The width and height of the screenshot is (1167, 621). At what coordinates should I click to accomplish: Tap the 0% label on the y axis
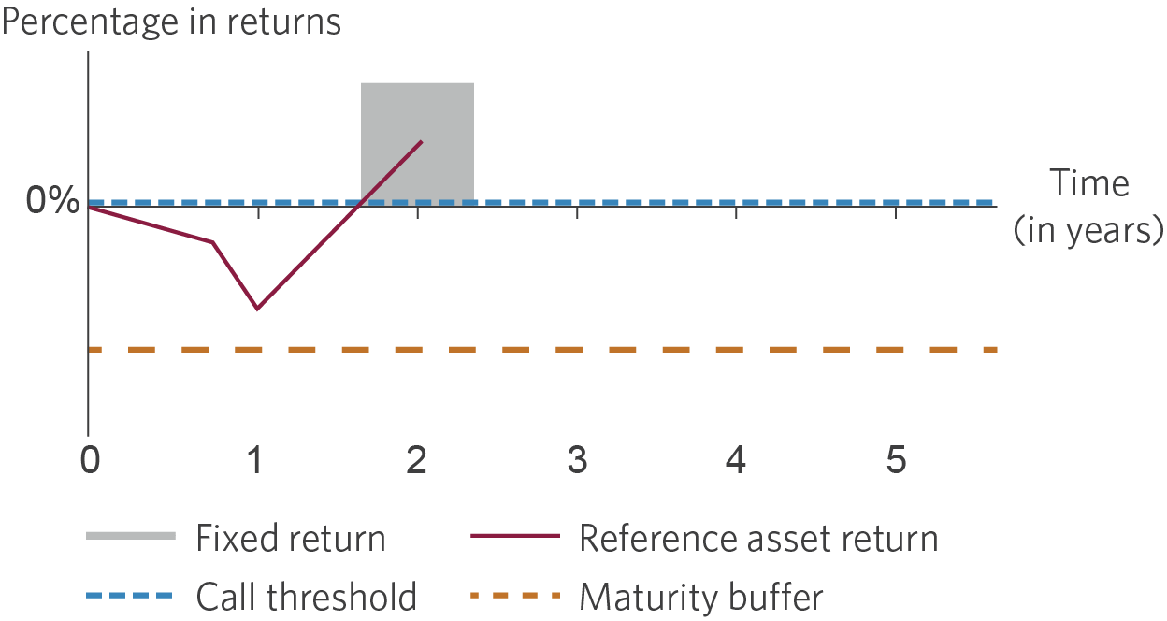click(52, 199)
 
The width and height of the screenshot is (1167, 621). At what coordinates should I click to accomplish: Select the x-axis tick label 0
click(90, 459)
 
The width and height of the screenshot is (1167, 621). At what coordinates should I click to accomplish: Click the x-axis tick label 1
click(254, 459)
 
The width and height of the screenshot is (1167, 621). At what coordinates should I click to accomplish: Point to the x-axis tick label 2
click(416, 459)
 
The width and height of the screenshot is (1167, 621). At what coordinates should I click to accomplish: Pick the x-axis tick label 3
click(577, 459)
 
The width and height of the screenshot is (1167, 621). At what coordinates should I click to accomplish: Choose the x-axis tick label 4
click(736, 459)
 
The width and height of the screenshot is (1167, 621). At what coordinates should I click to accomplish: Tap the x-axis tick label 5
click(896, 459)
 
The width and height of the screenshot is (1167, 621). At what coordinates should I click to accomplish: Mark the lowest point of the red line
click(257, 309)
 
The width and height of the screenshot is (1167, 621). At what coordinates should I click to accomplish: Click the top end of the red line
click(421, 142)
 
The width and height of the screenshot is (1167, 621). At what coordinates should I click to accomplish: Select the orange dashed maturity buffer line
click(542, 350)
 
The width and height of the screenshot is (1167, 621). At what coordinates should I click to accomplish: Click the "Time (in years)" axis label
click(1088, 207)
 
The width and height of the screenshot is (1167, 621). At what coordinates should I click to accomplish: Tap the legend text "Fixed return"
click(291, 538)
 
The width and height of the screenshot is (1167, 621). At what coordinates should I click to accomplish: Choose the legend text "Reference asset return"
click(758, 538)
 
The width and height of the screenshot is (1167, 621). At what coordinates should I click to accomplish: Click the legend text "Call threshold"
click(307, 596)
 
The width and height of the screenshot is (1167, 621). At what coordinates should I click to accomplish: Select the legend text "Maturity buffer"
click(701, 597)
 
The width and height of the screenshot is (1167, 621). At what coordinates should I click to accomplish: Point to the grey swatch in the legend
click(131, 536)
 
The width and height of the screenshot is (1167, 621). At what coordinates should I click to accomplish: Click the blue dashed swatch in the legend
click(129, 595)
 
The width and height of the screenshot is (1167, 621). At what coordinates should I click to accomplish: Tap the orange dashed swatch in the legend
click(515, 595)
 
